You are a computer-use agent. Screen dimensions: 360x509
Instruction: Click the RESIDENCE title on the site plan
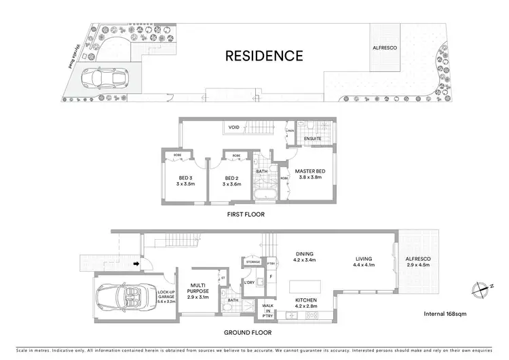(264, 56)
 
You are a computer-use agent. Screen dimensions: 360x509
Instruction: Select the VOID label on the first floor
(234, 127)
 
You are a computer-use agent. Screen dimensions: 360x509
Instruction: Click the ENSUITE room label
(313, 139)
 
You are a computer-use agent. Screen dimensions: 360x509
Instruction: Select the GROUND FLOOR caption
(248, 332)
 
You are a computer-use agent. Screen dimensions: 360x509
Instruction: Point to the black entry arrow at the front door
(136, 263)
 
